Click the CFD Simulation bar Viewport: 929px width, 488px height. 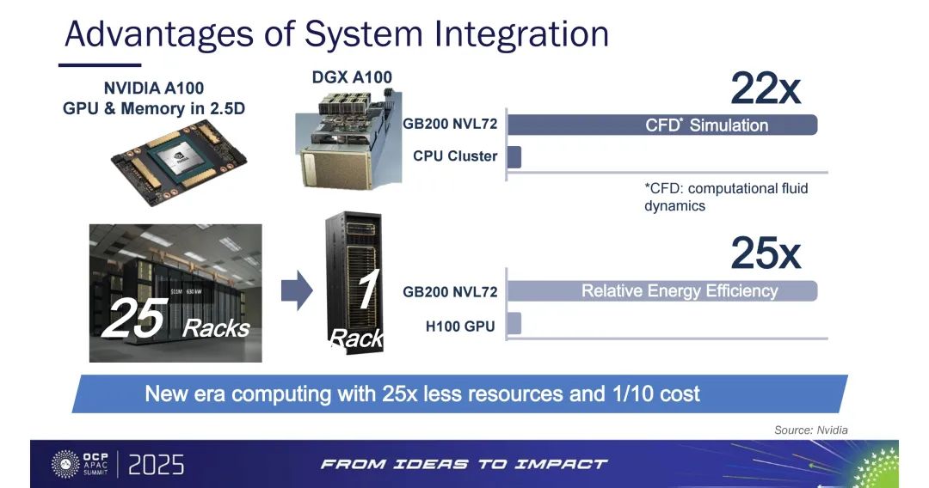(662, 125)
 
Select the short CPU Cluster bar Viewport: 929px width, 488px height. (514, 156)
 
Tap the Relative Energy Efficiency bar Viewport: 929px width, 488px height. (662, 291)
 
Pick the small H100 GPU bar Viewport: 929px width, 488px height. (514, 324)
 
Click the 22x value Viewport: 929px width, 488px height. (766, 88)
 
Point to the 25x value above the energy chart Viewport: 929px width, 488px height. (766, 253)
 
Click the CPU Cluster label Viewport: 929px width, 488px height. (455, 156)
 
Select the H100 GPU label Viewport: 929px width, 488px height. (460, 326)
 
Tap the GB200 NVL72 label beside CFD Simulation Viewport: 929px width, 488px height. (450, 125)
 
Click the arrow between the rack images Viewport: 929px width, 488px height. (297, 290)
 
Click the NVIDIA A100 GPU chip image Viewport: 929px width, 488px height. (179, 162)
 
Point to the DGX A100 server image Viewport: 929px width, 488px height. (349, 139)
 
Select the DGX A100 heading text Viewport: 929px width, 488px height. (352, 77)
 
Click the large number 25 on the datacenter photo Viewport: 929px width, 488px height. (135, 318)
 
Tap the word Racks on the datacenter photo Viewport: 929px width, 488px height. (216, 328)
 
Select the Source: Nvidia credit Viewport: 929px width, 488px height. (810, 430)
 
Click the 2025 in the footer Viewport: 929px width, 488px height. (157, 465)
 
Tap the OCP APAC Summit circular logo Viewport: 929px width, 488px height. (65, 464)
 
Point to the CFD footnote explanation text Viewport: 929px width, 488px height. (726, 197)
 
